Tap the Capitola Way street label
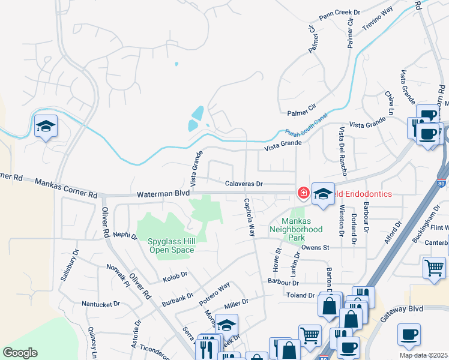[249, 217]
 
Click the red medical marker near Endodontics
[304, 193]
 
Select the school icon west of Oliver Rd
[46, 126]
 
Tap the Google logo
[20, 352]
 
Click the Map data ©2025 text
[423, 355]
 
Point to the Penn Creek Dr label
[339, 13]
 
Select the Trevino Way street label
[378, 19]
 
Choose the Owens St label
[316, 247]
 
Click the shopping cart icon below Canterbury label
[433, 268]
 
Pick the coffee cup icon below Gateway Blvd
[409, 335]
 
